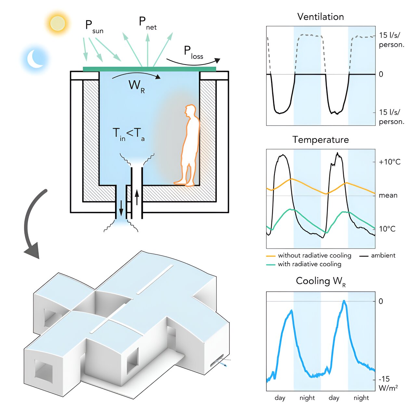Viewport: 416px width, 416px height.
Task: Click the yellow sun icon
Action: pos(58,23)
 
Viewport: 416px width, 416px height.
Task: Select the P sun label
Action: pos(94,27)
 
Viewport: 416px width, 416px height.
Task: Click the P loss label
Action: pos(193,53)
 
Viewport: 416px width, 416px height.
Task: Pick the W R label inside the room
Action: pos(136,86)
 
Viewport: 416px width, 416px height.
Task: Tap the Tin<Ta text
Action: pos(128,134)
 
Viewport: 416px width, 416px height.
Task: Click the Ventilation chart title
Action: pos(320,17)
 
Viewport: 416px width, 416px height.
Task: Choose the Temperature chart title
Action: pos(320,140)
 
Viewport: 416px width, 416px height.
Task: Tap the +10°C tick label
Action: pos(389,162)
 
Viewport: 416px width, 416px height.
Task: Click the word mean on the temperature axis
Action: pos(388,195)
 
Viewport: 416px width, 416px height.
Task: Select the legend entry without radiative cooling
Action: pos(314,255)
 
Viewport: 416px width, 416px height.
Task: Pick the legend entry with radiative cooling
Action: pos(309,264)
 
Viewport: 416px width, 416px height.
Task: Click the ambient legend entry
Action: pos(383,255)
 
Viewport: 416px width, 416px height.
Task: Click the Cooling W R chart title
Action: pos(320,281)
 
